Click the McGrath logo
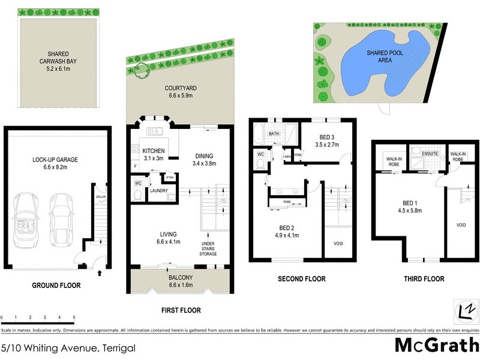pyautogui.click(x=436, y=346)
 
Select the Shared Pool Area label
pyautogui.click(x=384, y=57)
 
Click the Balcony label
pyautogui.click(x=180, y=277)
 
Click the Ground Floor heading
pyautogui.click(x=56, y=286)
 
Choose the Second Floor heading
pyautogui.click(x=301, y=278)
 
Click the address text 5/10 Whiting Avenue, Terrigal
pyautogui.click(x=68, y=348)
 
